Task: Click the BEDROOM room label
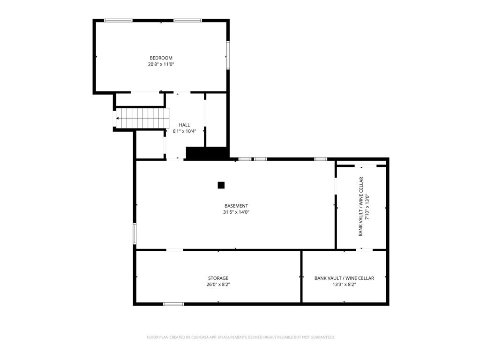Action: [161, 58]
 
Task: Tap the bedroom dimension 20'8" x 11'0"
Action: [161, 64]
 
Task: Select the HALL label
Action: [184, 125]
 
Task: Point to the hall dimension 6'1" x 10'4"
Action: [184, 131]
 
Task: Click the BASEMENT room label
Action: [236, 206]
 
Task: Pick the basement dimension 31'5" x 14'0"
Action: [236, 212]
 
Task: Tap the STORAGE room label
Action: [218, 278]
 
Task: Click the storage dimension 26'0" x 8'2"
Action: [218, 285]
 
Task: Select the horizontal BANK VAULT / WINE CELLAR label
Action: [344, 278]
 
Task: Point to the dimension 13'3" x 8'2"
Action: [344, 285]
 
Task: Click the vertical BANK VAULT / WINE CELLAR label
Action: [360, 207]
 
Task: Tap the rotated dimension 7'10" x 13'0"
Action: [367, 207]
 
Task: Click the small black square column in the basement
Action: [221, 185]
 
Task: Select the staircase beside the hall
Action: [142, 118]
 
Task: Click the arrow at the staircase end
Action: [118, 118]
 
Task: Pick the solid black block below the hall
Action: [207, 153]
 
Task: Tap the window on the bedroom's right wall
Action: [228, 55]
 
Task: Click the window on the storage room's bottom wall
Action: [173, 304]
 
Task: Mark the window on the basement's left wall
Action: [135, 233]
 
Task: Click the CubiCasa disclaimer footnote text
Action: [240, 337]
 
